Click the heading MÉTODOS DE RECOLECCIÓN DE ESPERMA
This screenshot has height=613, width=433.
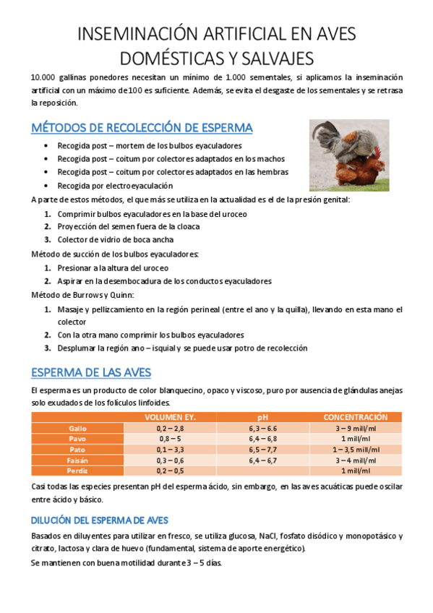[142, 128]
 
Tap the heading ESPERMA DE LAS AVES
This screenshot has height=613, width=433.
[91, 372]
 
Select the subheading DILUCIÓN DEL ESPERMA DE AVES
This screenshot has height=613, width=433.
[100, 520]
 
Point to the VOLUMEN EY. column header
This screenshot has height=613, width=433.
[170, 418]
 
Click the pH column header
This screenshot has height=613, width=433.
[262, 418]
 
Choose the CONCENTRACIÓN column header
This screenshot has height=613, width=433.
[355, 418]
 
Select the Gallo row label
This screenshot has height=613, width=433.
[77, 429]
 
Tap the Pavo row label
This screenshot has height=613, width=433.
[77, 439]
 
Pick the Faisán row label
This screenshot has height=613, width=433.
[77, 460]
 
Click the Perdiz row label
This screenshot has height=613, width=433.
[77, 471]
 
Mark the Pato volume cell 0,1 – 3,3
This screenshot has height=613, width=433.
[170, 450]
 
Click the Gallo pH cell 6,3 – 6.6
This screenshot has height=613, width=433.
[262, 429]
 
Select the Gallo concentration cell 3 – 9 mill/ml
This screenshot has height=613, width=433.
[355, 429]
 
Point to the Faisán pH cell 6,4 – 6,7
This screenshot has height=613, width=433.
[262, 460]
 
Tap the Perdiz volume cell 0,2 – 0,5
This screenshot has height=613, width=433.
[170, 471]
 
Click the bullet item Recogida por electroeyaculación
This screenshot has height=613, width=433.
[110, 186]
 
